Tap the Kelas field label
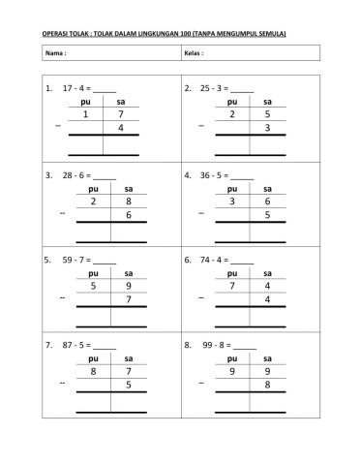194,53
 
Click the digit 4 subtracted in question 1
120,128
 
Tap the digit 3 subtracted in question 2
267,128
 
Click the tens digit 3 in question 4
233,201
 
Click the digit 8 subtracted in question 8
267,385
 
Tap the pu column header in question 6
232,273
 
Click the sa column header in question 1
120,101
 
